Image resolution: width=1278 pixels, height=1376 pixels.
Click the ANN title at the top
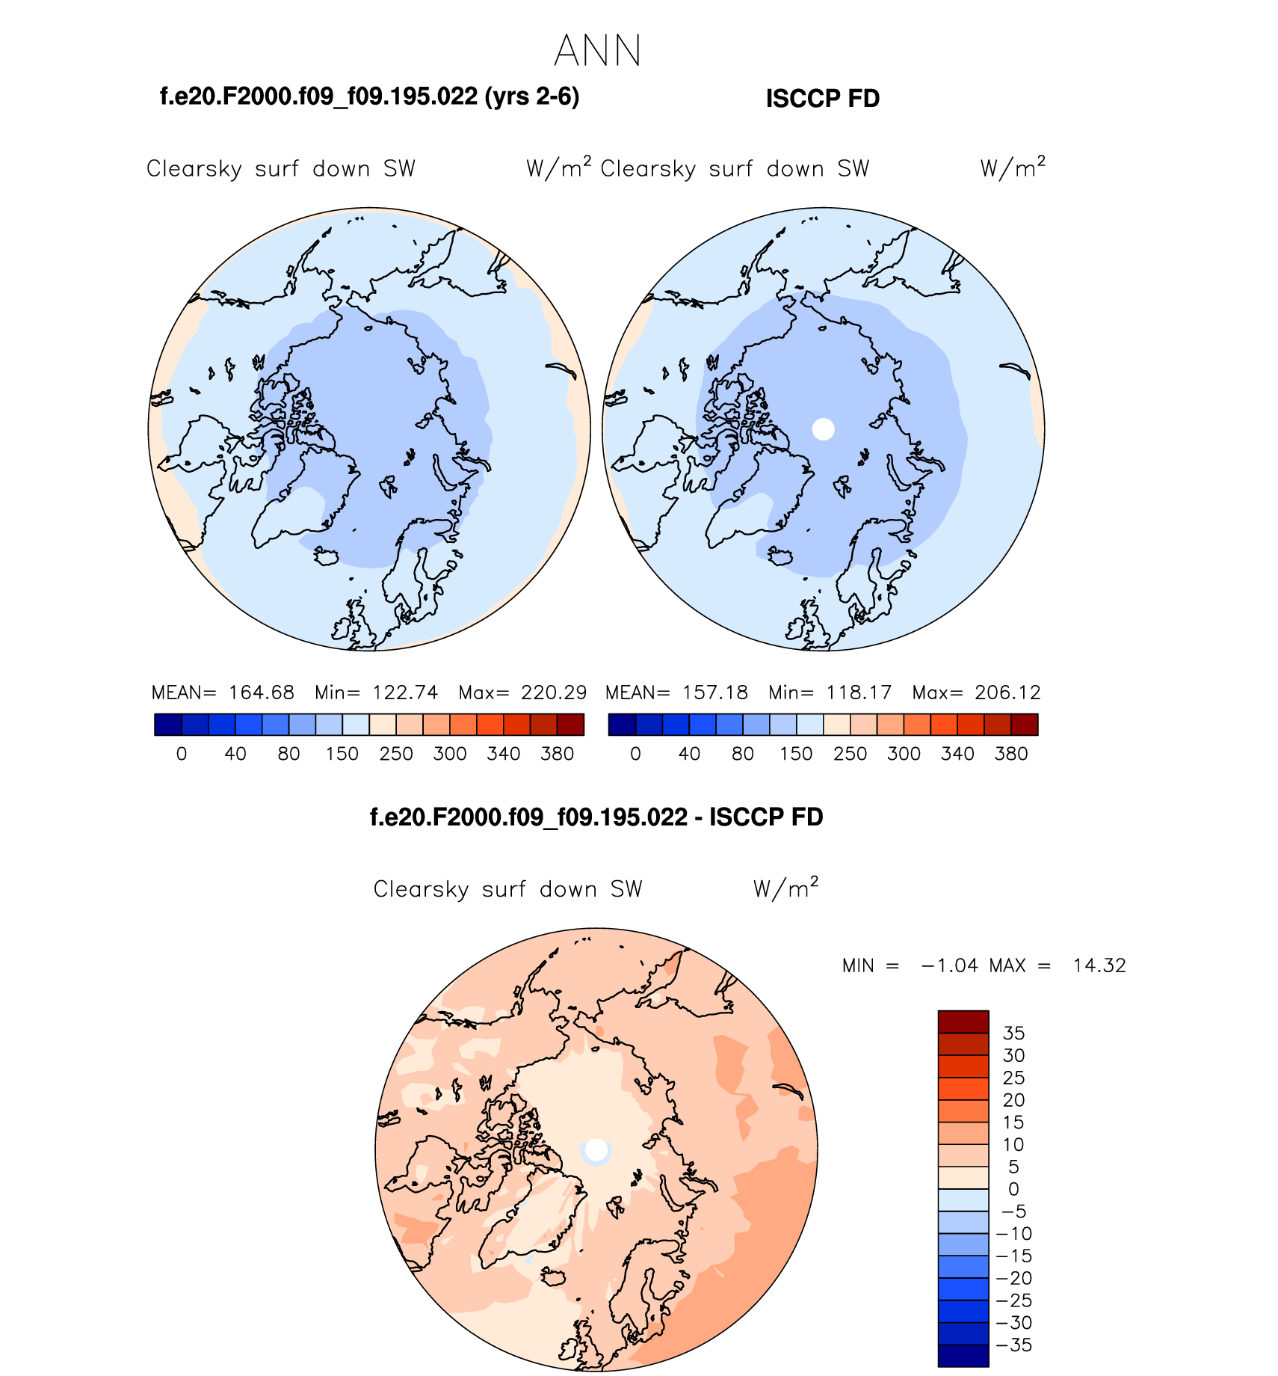click(x=597, y=51)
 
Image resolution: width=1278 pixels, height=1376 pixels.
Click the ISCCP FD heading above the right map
click(x=822, y=99)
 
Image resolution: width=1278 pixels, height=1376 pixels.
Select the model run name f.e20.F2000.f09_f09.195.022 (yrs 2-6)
click(x=369, y=96)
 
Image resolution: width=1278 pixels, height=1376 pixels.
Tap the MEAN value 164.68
click(x=261, y=692)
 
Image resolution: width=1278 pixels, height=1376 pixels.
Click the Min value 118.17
click(x=859, y=692)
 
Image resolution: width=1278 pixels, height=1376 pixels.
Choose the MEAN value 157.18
click(x=714, y=692)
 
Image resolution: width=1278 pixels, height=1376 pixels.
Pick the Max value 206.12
click(x=1007, y=692)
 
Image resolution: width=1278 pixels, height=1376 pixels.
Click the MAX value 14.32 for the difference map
click(x=1099, y=965)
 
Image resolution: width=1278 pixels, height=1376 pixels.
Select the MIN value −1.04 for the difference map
click(x=949, y=965)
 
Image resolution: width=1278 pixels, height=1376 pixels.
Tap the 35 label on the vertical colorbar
click(x=1013, y=1033)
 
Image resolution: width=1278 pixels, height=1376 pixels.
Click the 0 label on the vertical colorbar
click(x=1013, y=1189)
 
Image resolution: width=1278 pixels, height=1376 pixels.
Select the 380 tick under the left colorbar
click(x=557, y=754)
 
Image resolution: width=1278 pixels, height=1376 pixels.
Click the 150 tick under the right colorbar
click(x=796, y=754)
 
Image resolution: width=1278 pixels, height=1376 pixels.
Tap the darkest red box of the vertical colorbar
click(x=963, y=1022)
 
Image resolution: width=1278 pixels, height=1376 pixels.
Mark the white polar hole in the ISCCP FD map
click(x=823, y=429)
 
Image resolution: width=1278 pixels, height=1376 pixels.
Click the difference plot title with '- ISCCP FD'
click(x=596, y=817)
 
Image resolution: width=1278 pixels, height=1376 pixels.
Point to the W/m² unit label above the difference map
click(x=785, y=888)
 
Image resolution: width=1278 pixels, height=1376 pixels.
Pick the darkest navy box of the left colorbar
click(x=168, y=725)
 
